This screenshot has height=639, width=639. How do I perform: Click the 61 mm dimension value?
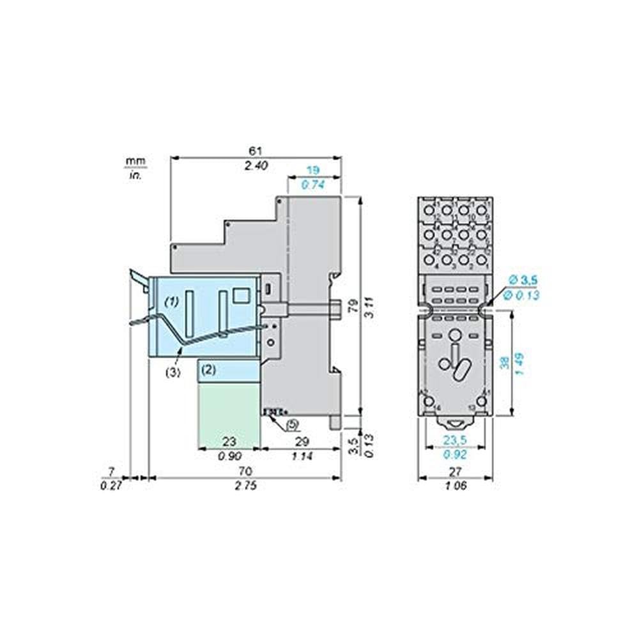(256, 151)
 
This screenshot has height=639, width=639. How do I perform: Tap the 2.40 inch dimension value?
(256, 165)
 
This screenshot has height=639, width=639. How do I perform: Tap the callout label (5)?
(292, 423)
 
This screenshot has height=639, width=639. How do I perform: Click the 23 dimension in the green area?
(228, 440)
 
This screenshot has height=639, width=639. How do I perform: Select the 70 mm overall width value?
(245, 472)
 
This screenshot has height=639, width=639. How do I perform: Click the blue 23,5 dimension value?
(454, 440)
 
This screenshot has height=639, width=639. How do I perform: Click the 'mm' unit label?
(135, 160)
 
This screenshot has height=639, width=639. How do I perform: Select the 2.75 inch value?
(245, 486)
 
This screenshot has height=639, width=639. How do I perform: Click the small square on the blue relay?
(241, 295)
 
